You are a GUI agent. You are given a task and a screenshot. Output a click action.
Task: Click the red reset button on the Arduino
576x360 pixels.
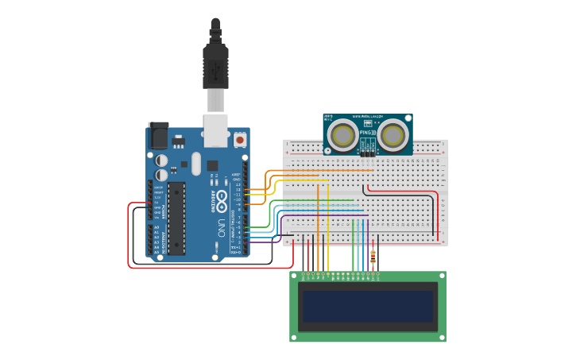click(240, 140)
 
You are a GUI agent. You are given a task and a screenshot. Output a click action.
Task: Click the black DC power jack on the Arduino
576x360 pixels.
click(158, 136)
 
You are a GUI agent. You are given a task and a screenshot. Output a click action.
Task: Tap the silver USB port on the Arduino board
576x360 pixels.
click(216, 131)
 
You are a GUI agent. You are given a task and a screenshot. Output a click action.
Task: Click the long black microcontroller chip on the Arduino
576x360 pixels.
click(176, 219)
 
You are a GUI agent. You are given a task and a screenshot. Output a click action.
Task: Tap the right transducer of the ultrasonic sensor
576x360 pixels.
click(393, 135)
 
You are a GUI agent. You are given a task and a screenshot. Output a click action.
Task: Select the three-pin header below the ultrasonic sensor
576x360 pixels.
click(368, 153)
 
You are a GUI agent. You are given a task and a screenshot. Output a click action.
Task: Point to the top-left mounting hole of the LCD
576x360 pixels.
click(294, 275)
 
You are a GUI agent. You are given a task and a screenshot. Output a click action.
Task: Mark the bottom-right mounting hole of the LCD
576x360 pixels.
click(443, 338)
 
